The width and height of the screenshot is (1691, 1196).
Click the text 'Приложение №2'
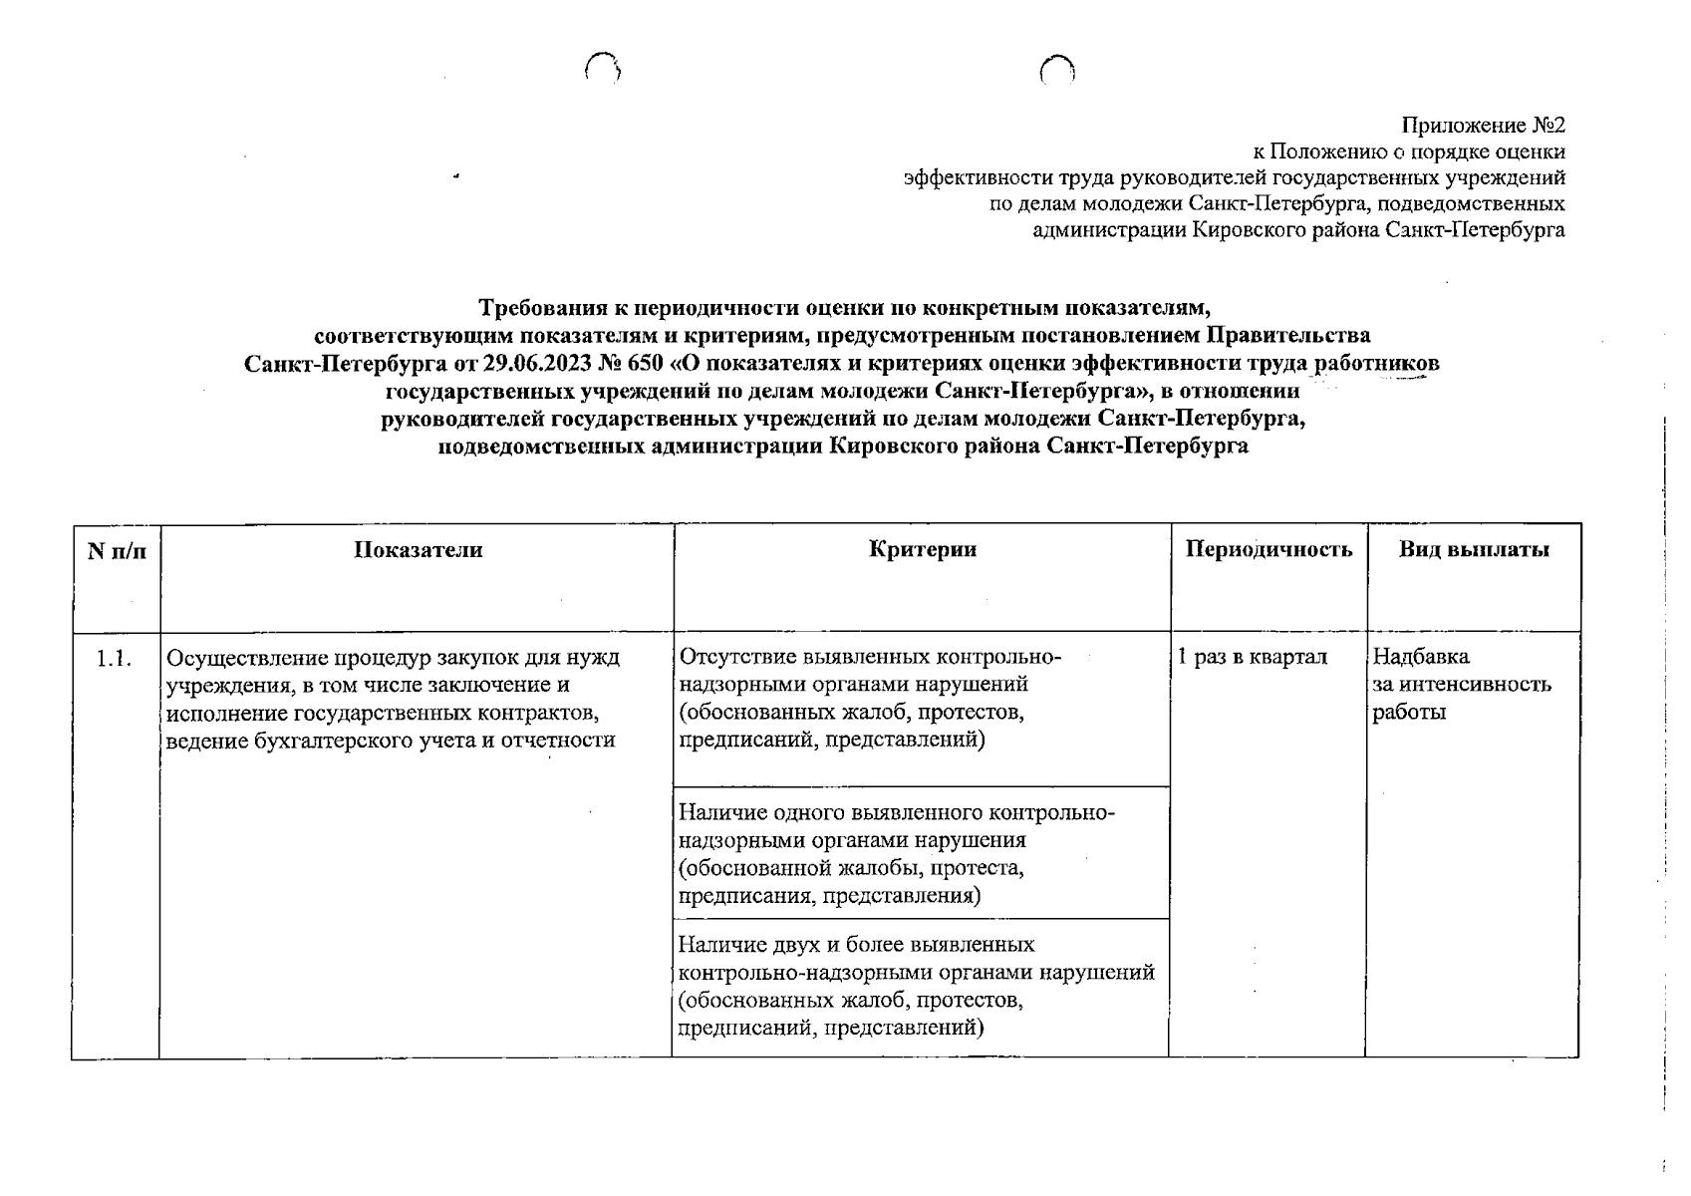point(1483,126)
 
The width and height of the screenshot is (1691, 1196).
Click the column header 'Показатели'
point(418,550)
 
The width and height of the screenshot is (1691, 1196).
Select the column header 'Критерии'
point(922,550)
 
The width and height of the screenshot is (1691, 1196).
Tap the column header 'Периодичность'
point(1268,550)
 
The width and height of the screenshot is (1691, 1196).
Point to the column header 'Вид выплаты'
point(1473,550)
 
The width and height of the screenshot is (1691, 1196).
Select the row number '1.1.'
point(115,659)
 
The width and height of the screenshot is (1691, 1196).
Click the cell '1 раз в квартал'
point(1252,658)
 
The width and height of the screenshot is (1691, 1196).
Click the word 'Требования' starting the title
point(539,306)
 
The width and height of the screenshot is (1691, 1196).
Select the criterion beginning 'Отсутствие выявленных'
point(869,698)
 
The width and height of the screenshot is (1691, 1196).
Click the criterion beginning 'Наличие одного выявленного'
point(895,853)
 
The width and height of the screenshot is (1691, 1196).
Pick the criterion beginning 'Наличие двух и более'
point(915,985)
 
